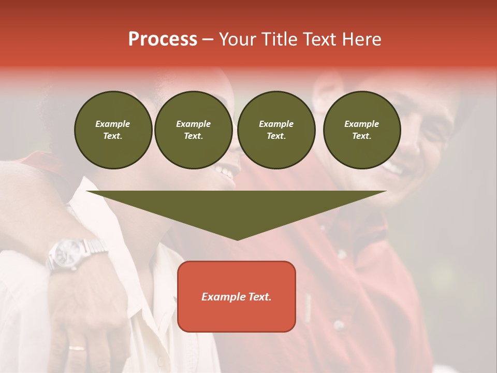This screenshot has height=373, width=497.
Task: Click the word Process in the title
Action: coord(163,39)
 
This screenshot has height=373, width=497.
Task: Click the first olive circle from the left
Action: coord(113,130)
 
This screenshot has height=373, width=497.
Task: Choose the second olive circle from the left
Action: coord(193,130)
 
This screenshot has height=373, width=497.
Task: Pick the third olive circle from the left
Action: coord(276,130)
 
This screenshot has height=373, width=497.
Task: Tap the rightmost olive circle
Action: coord(361,130)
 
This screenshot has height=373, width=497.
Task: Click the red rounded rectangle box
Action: coord(237,296)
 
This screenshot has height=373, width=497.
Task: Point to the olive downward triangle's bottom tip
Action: coord(237,239)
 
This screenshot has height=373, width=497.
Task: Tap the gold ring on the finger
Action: coord(77,348)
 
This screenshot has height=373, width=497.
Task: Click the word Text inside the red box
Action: coord(258,297)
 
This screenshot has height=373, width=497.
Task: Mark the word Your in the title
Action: coord(237,39)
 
